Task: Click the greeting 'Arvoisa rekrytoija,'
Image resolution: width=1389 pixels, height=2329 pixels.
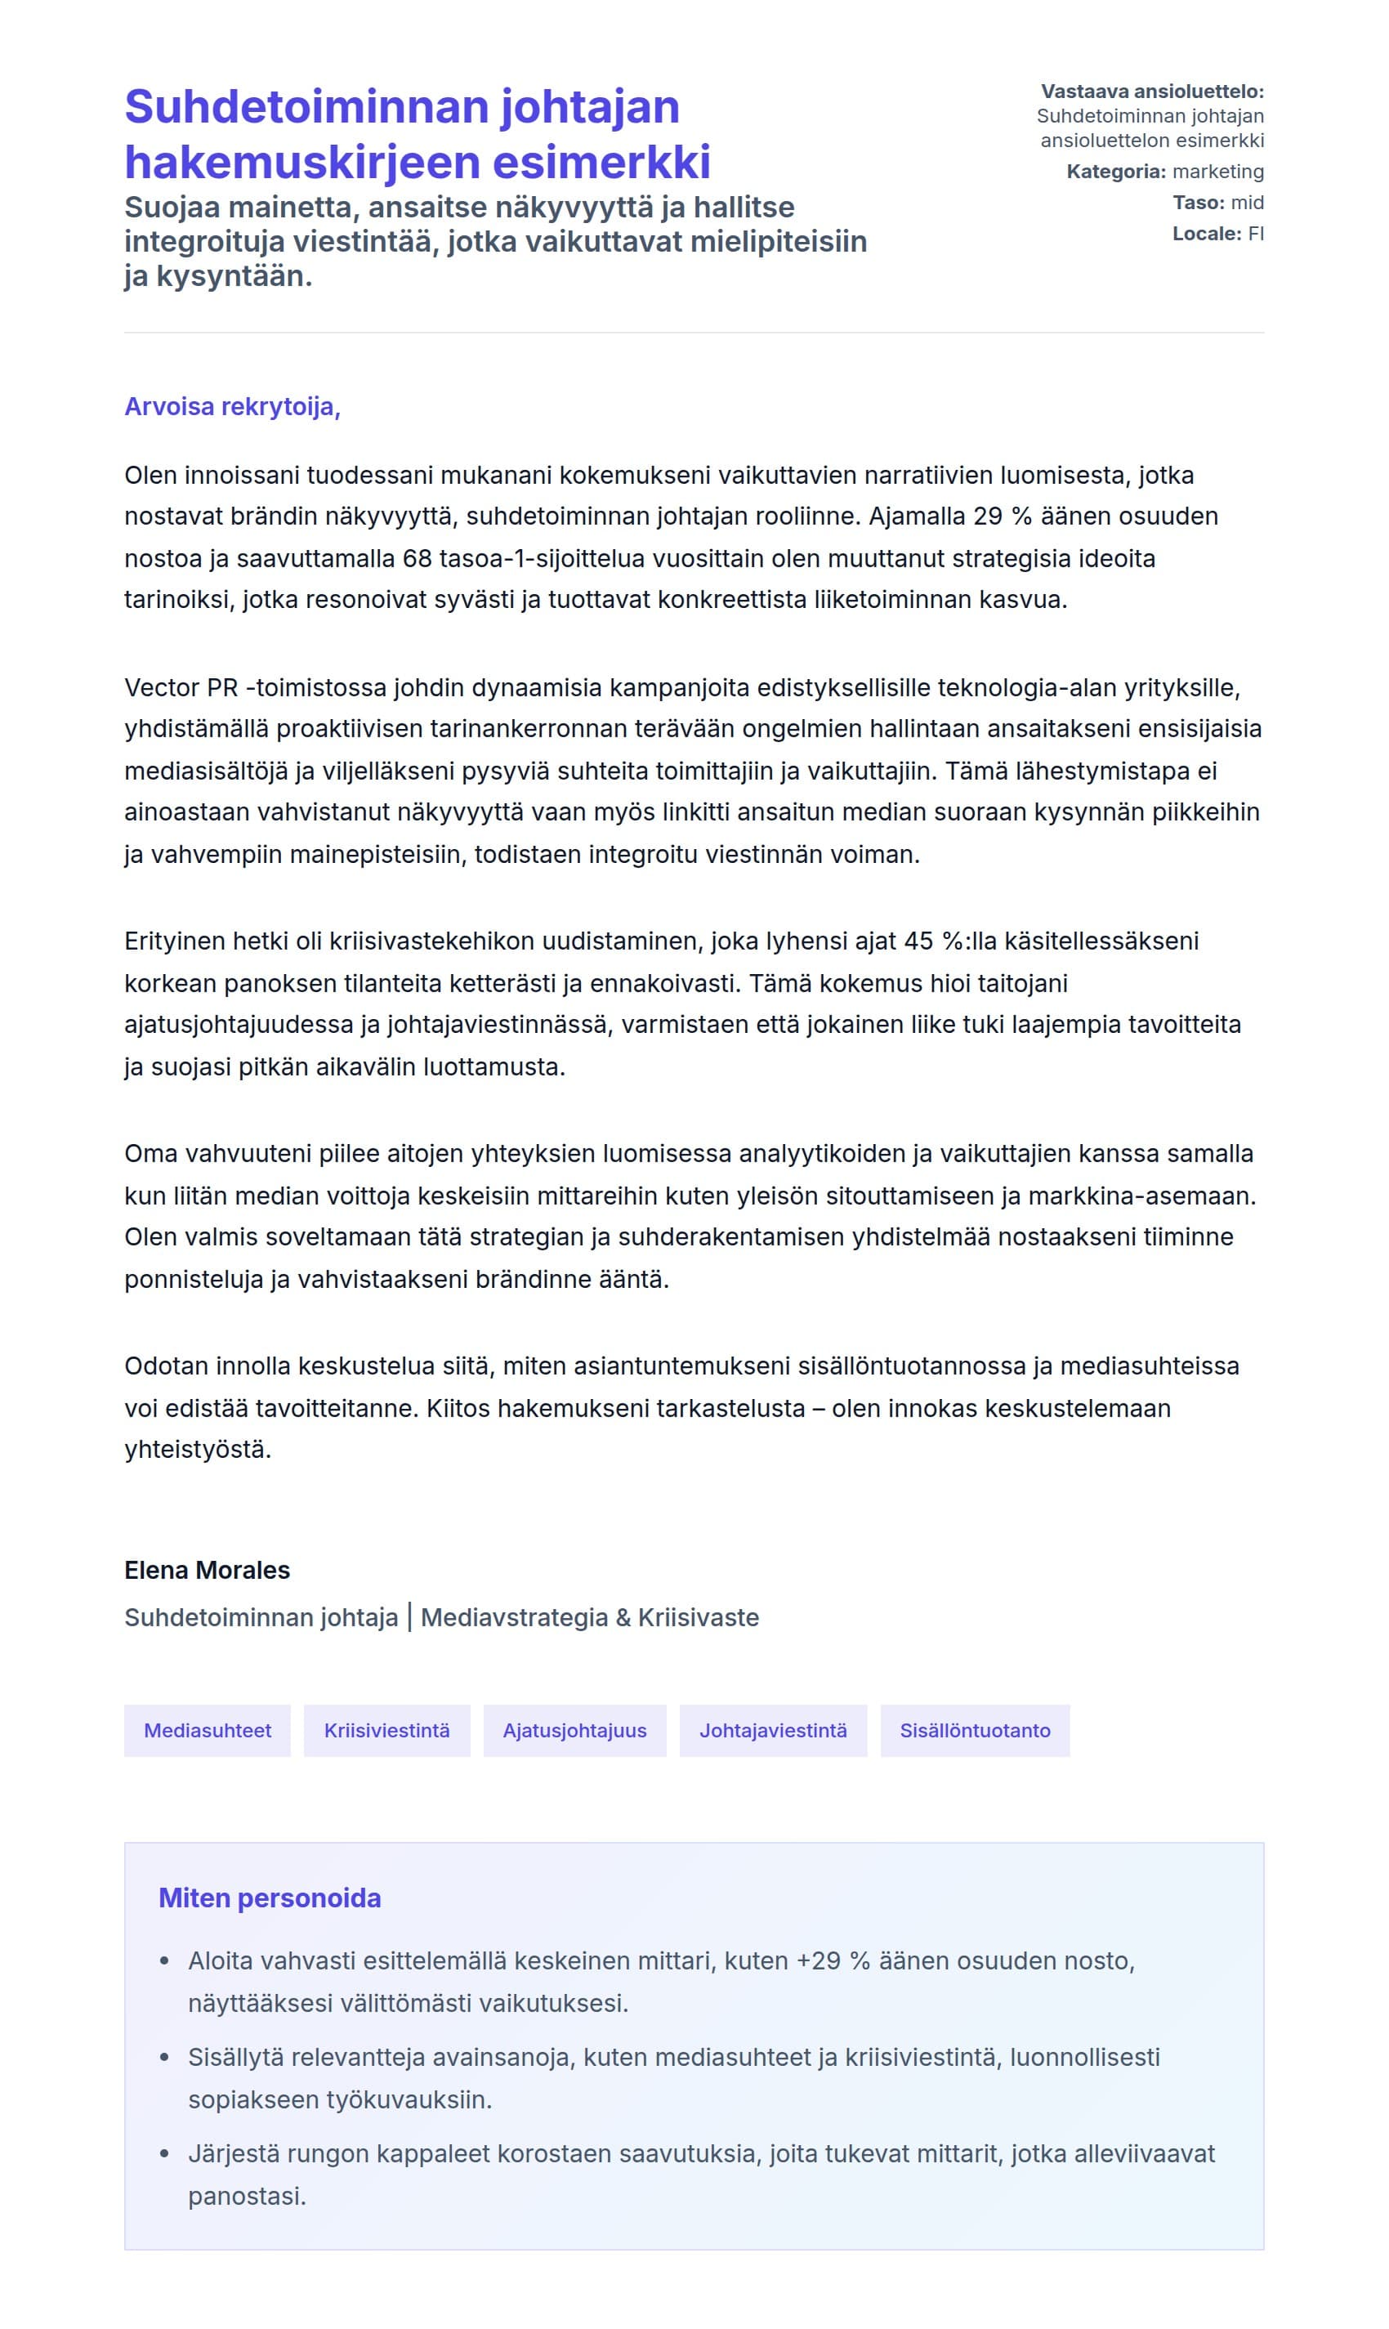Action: coord(232,407)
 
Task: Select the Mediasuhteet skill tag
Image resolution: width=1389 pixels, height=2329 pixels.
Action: coord(207,1730)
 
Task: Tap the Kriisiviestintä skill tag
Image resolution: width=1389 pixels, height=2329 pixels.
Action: coord(386,1730)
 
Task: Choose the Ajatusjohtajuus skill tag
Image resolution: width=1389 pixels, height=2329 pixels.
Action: coord(574,1730)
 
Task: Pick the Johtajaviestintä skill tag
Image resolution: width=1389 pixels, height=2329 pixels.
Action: coord(772,1730)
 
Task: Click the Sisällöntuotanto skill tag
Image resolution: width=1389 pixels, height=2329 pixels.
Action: coord(975,1730)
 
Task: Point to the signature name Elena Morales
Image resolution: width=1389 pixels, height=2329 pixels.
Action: coord(207,1570)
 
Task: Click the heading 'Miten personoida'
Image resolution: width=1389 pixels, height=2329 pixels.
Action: coord(270,1898)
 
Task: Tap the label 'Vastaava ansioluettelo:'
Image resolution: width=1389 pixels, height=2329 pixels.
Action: coord(1152,92)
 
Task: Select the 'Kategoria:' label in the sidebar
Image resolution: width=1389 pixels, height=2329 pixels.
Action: coord(1115,172)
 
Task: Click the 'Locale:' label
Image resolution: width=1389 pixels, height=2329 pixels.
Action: coord(1207,234)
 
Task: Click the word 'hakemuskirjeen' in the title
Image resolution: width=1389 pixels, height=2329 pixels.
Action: coord(301,162)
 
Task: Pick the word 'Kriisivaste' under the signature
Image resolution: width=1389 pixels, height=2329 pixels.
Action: coord(699,1617)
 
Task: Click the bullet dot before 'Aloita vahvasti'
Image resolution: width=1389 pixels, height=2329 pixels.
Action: coord(166,1961)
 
